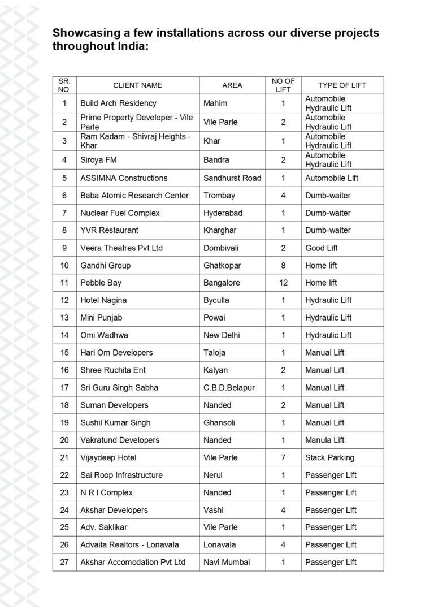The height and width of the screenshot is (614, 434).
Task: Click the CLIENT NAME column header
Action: pos(137,85)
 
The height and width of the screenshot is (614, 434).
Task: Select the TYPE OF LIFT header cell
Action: pos(342,85)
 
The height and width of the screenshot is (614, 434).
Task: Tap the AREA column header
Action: pos(232,85)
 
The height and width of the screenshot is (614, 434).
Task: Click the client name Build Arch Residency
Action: pos(118,103)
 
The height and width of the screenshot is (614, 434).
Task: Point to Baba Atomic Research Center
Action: pos(134,196)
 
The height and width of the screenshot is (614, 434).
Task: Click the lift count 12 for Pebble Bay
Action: pos(283,283)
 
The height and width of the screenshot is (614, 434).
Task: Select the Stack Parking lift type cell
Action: pos(330,457)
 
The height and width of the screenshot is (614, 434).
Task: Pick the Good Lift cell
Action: pos(322,248)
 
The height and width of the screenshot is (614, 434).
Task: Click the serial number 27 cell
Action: pos(64,562)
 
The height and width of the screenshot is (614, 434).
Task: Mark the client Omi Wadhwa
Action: pos(104,335)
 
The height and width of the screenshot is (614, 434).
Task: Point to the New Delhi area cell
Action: pos(222,335)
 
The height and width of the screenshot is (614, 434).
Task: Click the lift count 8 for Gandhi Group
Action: pos(283,266)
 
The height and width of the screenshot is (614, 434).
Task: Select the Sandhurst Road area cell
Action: pos(232,178)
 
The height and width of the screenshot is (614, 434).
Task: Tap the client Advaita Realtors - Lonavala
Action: pos(129,544)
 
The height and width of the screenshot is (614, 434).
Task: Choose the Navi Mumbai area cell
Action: pos(227,562)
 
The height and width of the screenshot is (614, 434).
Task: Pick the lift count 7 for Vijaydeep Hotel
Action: pos(283,457)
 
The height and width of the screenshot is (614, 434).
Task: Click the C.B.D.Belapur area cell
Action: pos(229,388)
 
